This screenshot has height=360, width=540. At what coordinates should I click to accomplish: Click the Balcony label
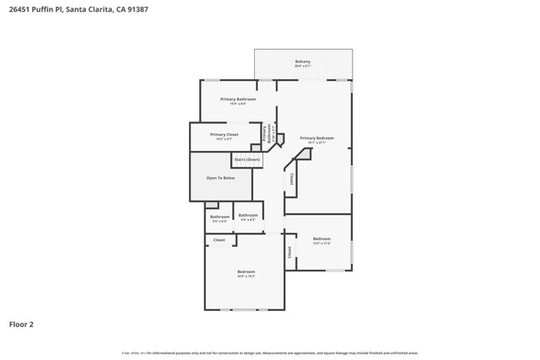(302, 62)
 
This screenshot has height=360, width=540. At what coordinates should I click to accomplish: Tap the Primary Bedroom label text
(316, 137)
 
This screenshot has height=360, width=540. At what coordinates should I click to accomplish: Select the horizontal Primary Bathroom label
(237, 99)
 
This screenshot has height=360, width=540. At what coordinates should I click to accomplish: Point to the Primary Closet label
(224, 134)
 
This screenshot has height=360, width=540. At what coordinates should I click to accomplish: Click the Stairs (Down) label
(246, 159)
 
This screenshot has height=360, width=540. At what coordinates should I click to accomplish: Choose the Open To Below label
(221, 178)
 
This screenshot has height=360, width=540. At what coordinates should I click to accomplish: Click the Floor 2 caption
(21, 324)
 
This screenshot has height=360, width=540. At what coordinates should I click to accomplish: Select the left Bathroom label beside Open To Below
(219, 217)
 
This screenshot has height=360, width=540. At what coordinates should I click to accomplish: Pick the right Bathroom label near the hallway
(248, 215)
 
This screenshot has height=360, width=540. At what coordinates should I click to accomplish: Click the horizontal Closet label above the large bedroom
(219, 240)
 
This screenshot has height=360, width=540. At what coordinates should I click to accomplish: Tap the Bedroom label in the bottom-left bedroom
(246, 271)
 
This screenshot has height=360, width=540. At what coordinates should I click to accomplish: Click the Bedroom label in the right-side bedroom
(321, 239)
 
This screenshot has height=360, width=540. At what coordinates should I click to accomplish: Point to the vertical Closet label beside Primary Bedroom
(291, 179)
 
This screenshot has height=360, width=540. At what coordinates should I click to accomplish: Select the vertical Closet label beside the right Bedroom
(289, 251)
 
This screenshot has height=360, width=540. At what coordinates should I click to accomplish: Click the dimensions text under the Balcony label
(302, 67)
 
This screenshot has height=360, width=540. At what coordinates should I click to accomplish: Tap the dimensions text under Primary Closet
(224, 139)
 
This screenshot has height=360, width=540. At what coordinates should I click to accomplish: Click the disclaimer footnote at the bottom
(270, 353)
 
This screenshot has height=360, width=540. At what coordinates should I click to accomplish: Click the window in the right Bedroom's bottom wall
(335, 271)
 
